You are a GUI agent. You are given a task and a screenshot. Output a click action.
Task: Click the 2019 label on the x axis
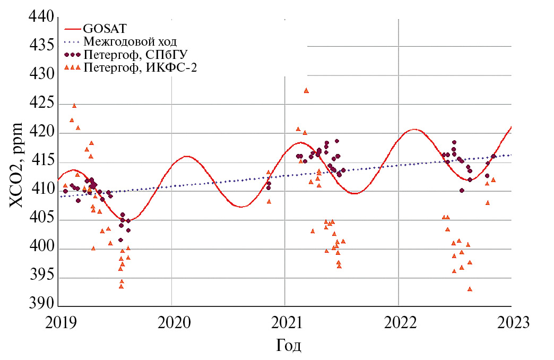[58, 323]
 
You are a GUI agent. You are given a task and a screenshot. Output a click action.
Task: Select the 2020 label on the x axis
[171, 323]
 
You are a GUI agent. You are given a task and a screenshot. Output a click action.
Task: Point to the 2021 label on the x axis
[285, 323]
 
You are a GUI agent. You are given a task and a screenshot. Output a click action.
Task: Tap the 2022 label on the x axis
[398, 323]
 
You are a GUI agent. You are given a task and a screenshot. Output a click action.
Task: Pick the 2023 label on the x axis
[511, 323]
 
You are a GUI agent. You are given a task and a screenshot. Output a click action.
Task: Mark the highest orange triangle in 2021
[306, 90]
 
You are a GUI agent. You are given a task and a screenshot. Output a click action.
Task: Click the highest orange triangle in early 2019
[74, 106]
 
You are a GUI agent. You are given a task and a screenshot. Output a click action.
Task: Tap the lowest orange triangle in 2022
[470, 289]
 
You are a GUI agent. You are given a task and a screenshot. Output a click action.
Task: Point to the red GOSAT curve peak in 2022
[414, 129]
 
